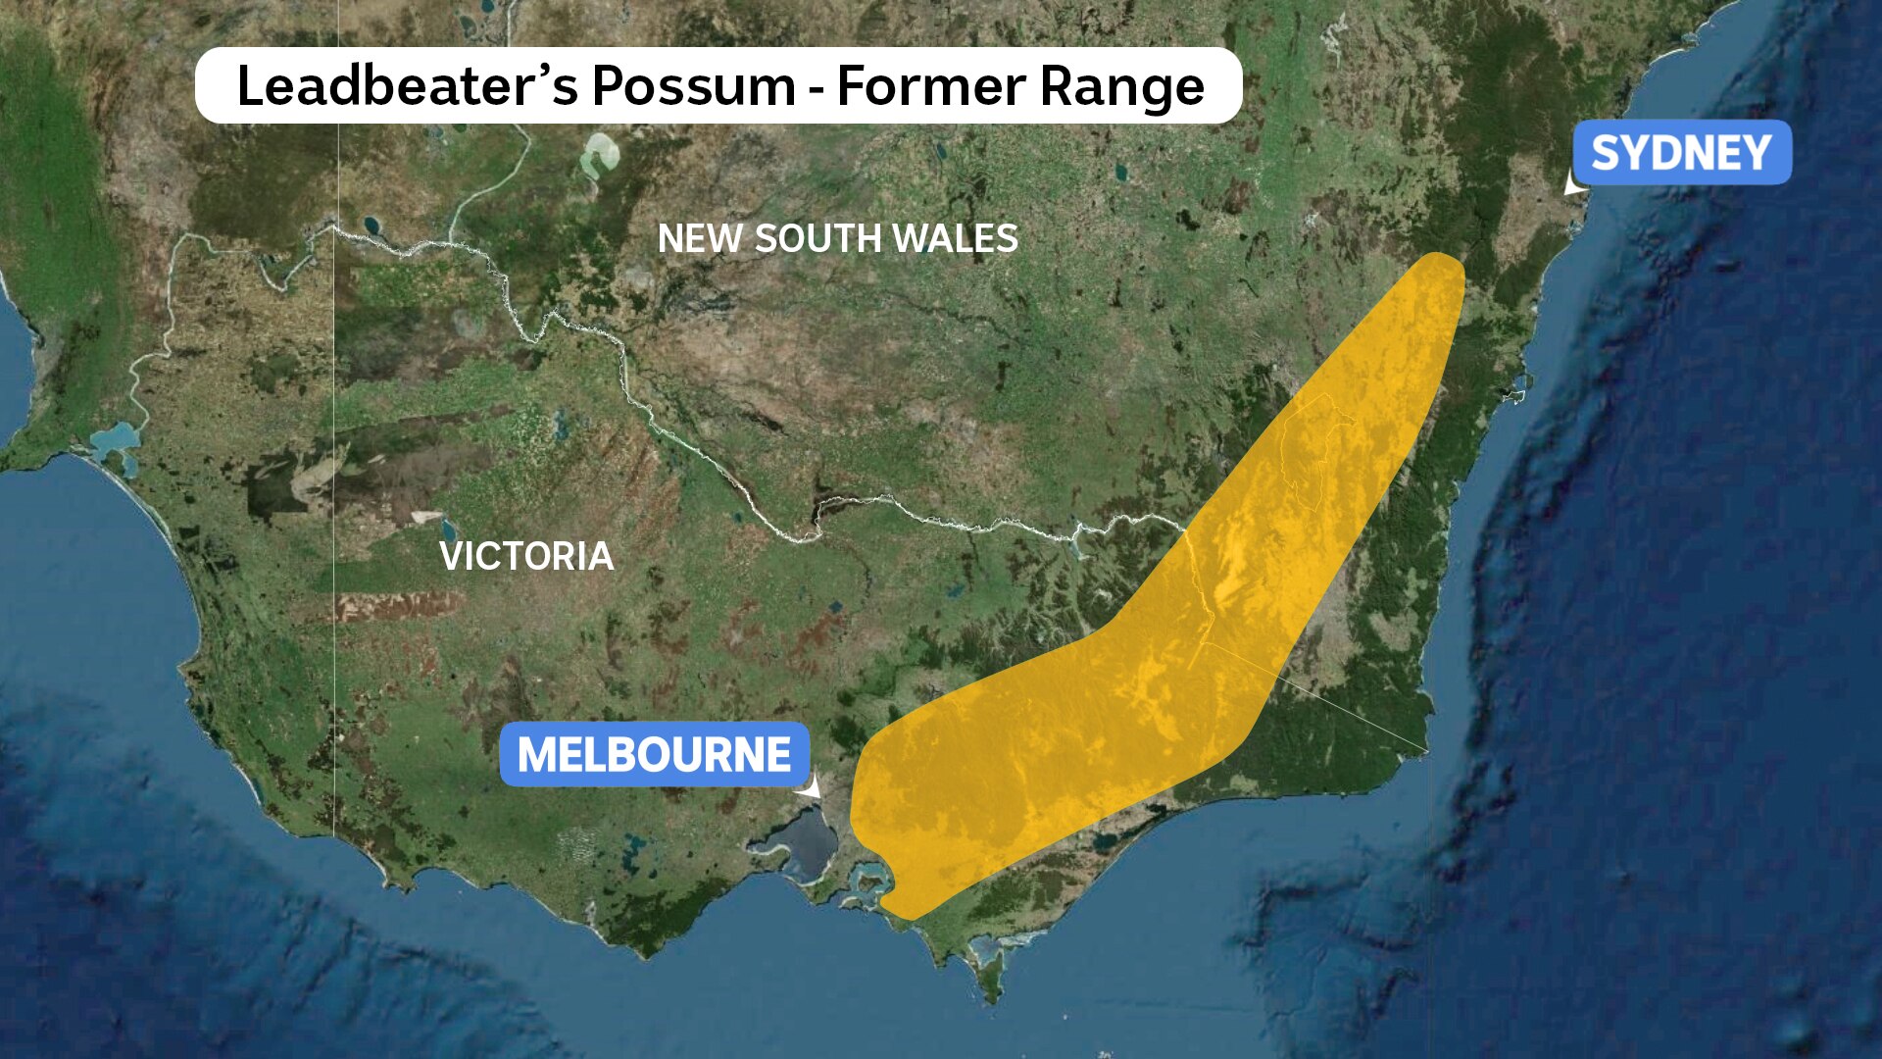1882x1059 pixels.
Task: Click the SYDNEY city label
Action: click(1681, 153)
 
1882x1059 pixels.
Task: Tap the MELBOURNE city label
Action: click(654, 754)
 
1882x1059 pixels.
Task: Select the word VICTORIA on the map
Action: click(526, 556)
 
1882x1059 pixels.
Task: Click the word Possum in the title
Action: click(693, 86)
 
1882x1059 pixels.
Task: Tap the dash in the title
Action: click(816, 86)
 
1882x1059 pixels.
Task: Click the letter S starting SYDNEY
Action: click(1605, 153)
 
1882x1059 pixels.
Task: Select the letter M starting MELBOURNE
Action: click(537, 754)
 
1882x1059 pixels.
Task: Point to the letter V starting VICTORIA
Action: click(451, 556)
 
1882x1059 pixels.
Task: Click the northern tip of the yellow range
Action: click(1441, 260)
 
